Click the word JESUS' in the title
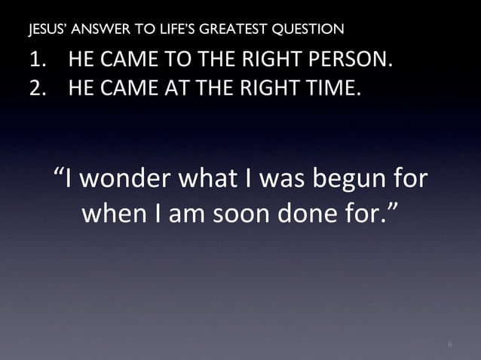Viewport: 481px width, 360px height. tap(44, 30)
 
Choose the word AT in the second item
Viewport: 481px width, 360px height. tap(164, 88)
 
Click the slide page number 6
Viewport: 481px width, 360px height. tap(450, 345)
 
